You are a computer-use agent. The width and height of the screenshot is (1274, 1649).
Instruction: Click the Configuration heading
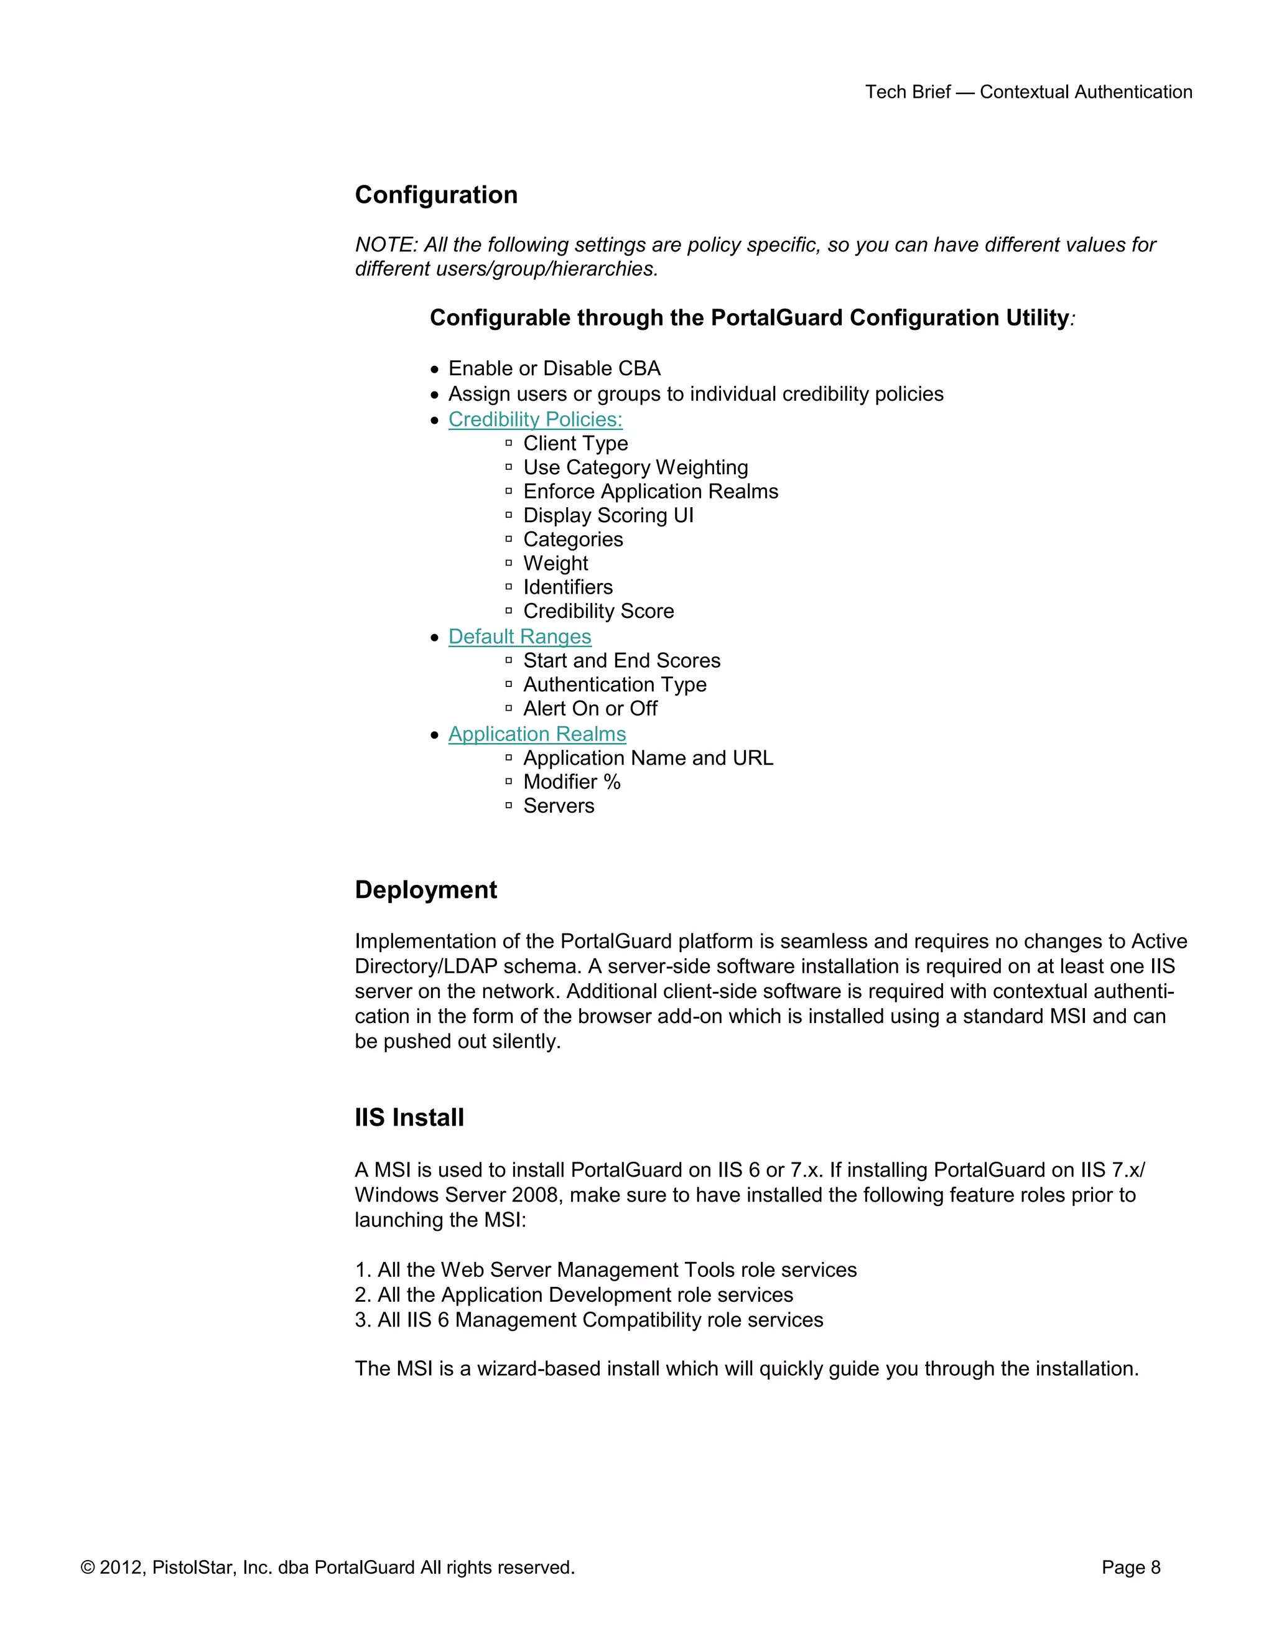(436, 195)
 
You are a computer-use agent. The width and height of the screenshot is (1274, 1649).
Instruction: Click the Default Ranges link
(519, 637)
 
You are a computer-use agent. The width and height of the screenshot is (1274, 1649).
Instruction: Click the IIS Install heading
(409, 1118)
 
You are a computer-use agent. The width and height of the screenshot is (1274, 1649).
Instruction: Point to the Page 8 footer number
(1130, 1567)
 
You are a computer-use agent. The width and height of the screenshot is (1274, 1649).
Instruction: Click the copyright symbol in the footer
(88, 1568)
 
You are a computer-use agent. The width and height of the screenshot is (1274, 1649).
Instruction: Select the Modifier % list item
(571, 782)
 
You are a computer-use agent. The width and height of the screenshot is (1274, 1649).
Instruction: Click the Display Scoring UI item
(608, 515)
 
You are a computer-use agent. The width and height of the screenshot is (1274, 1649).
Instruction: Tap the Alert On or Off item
(590, 708)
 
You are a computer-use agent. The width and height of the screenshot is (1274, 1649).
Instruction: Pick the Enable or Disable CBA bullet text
(554, 368)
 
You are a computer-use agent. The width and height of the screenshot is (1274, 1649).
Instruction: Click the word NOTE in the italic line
(385, 245)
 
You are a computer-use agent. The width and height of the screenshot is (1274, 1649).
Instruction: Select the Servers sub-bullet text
(559, 806)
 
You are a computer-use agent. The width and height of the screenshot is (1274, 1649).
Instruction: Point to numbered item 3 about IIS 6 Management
(588, 1320)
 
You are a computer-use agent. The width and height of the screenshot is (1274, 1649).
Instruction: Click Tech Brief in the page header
(907, 92)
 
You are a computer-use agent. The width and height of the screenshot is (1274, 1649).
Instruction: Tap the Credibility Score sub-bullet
(598, 611)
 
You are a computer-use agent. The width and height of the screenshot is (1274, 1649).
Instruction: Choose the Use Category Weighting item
(636, 467)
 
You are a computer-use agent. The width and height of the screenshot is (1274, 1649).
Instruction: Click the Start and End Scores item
(622, 661)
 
